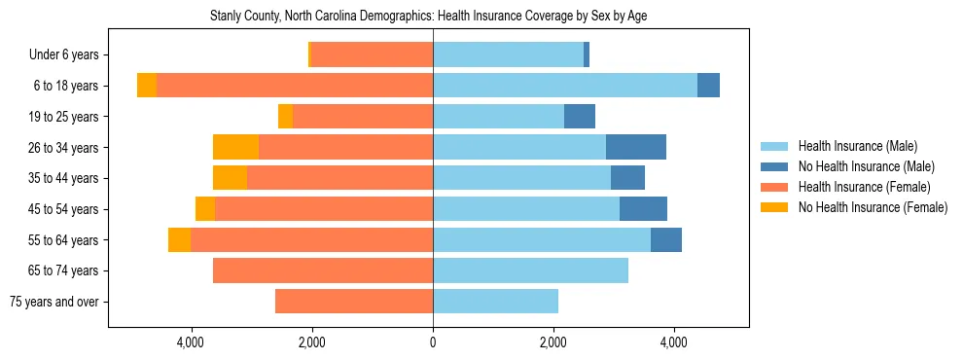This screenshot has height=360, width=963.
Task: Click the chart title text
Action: coord(428,17)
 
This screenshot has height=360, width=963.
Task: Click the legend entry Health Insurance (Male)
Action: coord(857,146)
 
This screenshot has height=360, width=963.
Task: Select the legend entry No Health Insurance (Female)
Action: coord(873,207)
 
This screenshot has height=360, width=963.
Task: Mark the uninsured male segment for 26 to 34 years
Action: coord(636,147)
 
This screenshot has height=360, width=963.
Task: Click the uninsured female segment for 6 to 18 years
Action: coord(147,86)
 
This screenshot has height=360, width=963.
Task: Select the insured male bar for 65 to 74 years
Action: coord(530,270)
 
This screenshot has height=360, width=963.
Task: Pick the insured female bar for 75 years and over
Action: coord(354,302)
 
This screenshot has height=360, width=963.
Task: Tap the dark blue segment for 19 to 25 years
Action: coord(580,117)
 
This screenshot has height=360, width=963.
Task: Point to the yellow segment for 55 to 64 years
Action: coord(179,239)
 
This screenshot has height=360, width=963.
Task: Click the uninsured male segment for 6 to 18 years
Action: coord(708,86)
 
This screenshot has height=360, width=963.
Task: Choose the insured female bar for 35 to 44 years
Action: coord(339,178)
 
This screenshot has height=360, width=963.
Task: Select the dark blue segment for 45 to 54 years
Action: coord(643,209)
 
